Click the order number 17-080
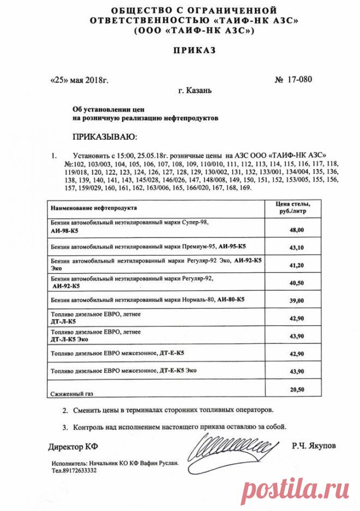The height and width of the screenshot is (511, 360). pyautogui.click(x=298, y=80)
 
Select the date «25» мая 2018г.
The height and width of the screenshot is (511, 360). pyautogui.click(x=80, y=80)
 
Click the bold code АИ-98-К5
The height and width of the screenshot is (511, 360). pyautogui.click(x=64, y=231)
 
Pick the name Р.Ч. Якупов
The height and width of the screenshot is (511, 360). pyautogui.click(x=314, y=446)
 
